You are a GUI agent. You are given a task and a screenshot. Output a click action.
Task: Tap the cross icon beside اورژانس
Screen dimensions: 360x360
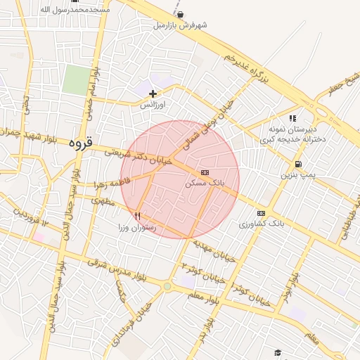click(153, 94)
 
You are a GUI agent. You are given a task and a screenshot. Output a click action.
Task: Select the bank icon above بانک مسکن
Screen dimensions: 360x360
click(205, 172)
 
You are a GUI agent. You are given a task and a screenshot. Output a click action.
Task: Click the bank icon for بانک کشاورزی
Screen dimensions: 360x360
click(262, 213)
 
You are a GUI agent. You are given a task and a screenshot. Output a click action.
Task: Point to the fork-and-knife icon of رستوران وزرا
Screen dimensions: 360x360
click(138, 217)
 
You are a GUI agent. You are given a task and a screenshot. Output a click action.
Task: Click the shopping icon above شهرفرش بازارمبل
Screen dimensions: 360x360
click(181, 15)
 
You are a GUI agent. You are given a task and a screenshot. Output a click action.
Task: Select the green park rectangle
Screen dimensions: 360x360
click(75, 79)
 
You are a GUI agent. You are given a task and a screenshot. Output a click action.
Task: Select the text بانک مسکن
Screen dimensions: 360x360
click(204, 182)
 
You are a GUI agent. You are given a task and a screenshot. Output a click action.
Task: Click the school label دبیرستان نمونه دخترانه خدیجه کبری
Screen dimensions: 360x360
click(292, 134)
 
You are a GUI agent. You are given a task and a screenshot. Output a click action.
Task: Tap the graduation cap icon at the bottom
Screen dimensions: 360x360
click(278, 352)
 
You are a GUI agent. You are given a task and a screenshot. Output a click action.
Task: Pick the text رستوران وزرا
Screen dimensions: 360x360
click(138, 227)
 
